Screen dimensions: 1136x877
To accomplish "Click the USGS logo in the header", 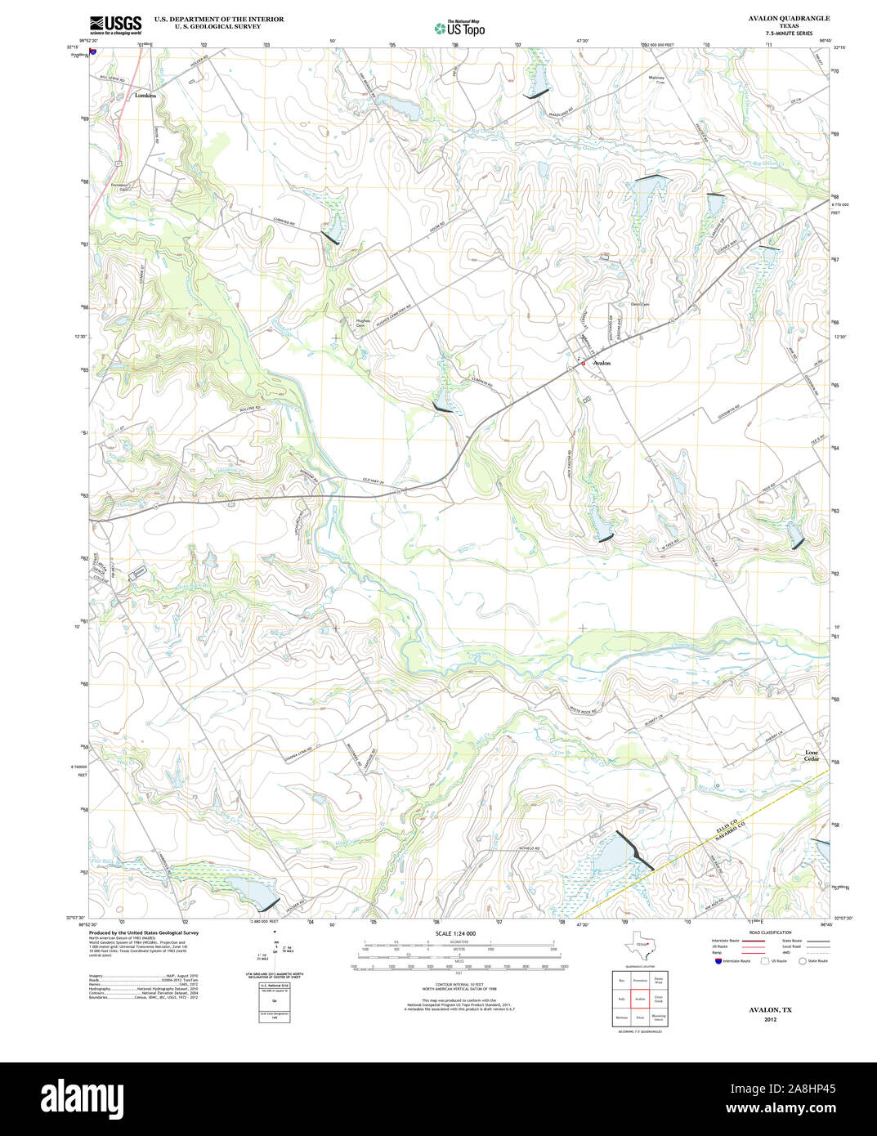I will pos(115,24).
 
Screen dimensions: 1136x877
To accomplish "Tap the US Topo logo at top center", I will pos(459,29).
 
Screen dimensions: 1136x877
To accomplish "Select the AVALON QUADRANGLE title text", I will pos(789,18).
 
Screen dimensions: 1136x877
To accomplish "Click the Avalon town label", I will pos(602,363).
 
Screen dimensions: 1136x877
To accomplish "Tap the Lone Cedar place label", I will pos(811,755).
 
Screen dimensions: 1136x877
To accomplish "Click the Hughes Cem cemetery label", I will pos(360,322).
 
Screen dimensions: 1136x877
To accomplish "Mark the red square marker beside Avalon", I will pos(583,364).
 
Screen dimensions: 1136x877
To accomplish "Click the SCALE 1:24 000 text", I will pos(455,933).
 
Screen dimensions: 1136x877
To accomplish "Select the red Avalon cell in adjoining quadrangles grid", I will pos(640,999).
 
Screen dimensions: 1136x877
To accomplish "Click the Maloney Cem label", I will pos(656,80).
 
